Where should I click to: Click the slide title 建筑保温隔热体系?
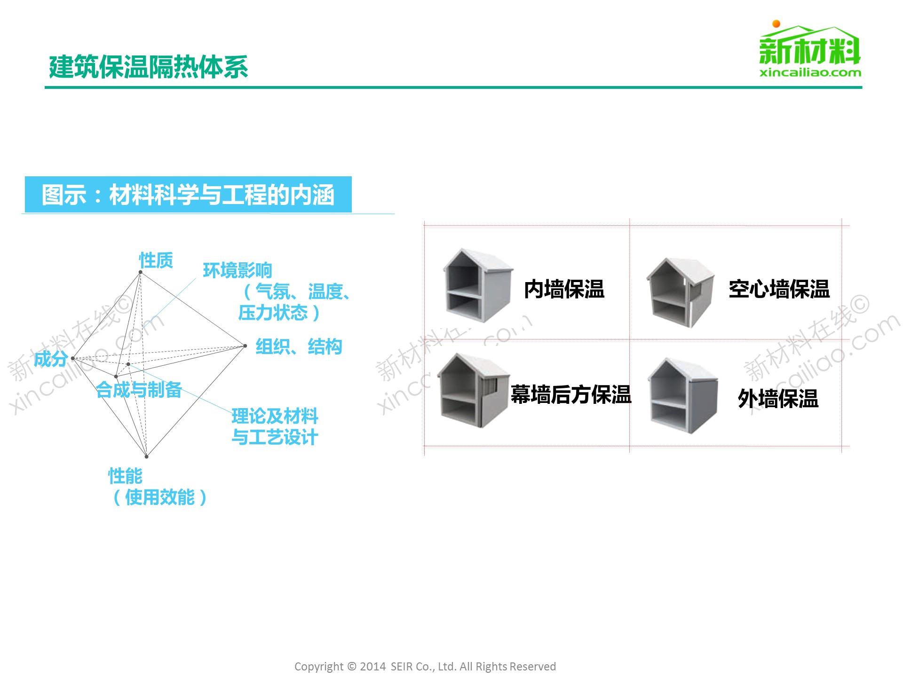tap(148, 67)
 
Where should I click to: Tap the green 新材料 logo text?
tap(809, 51)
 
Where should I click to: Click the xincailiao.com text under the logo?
tap(810, 73)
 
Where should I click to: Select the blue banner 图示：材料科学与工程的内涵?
tap(188, 195)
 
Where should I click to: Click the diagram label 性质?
tap(156, 260)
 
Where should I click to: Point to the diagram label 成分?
tap(50, 359)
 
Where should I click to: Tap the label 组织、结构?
tap(299, 347)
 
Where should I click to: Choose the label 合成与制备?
tap(139, 390)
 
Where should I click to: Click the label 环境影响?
tap(238, 270)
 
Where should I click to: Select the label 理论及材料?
tap(275, 416)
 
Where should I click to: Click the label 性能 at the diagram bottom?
tap(125, 476)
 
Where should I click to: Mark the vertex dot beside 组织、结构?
tap(245, 346)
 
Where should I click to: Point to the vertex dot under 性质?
tap(140, 272)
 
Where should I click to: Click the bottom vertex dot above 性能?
tap(147, 457)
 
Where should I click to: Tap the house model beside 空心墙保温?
tap(680, 291)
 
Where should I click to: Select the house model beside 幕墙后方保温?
tap(473, 390)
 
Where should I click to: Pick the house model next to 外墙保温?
tap(682, 395)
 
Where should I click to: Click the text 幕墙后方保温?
tap(570, 394)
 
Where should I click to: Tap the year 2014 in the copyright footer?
tap(373, 667)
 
